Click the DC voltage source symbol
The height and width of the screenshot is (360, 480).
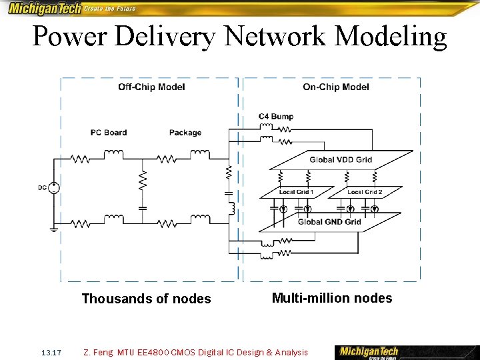pyautogui.click(x=54, y=187)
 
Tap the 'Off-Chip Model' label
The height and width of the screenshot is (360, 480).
pyautogui.click(x=151, y=87)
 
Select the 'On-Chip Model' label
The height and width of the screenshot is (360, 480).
pyautogui.click(x=335, y=87)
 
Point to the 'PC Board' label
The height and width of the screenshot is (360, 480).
pyautogui.click(x=109, y=133)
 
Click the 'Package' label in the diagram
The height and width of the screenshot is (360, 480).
pyautogui.click(x=185, y=133)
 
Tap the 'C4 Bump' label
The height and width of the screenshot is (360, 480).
pyautogui.click(x=275, y=117)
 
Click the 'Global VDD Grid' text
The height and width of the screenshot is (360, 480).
pyautogui.click(x=341, y=160)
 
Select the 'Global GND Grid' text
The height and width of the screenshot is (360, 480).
pyautogui.click(x=329, y=222)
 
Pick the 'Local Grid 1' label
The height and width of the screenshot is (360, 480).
pyautogui.click(x=296, y=192)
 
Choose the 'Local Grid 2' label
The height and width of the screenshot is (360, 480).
pyautogui.click(x=365, y=192)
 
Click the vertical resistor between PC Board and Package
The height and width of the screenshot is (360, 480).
pyautogui.click(x=142, y=181)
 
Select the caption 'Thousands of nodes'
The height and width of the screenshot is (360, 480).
pyautogui.click(x=146, y=299)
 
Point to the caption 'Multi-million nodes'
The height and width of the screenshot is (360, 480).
pyautogui.click(x=332, y=298)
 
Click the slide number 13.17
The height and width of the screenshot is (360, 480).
pyautogui.click(x=51, y=352)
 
